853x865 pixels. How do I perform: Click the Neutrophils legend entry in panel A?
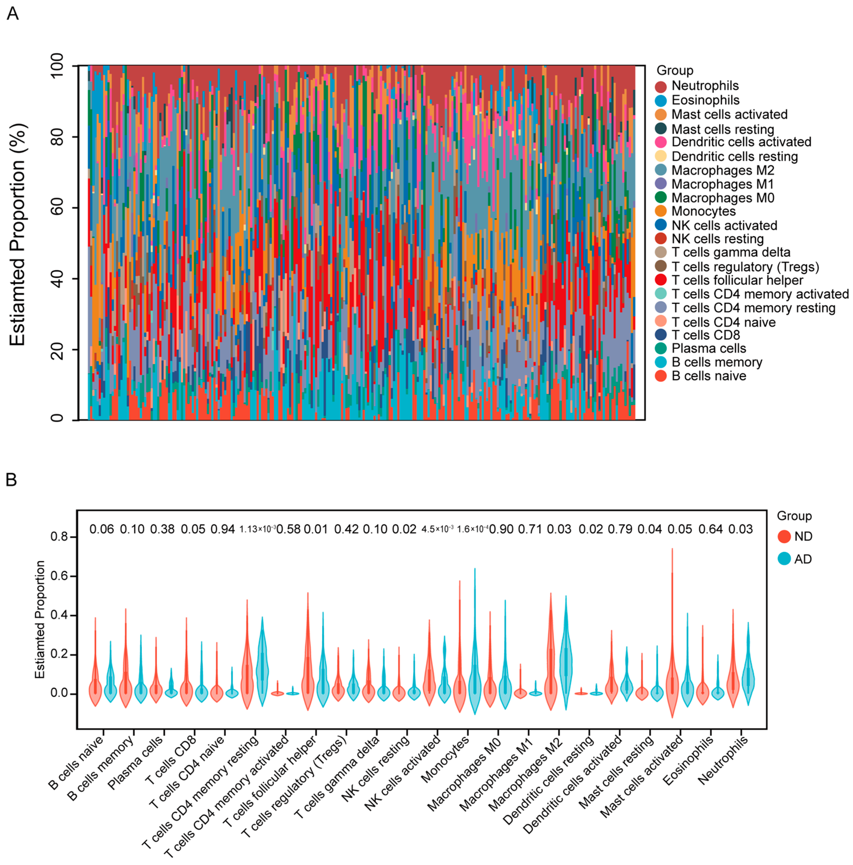pyautogui.click(x=705, y=86)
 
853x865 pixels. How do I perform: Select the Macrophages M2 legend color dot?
pyautogui.click(x=660, y=170)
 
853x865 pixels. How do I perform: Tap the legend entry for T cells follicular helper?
pyautogui.click(x=737, y=280)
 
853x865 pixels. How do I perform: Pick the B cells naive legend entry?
pyautogui.click(x=708, y=376)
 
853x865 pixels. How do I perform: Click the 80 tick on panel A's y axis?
pyautogui.click(x=57, y=137)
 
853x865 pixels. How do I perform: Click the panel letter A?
pyautogui.click(x=12, y=14)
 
